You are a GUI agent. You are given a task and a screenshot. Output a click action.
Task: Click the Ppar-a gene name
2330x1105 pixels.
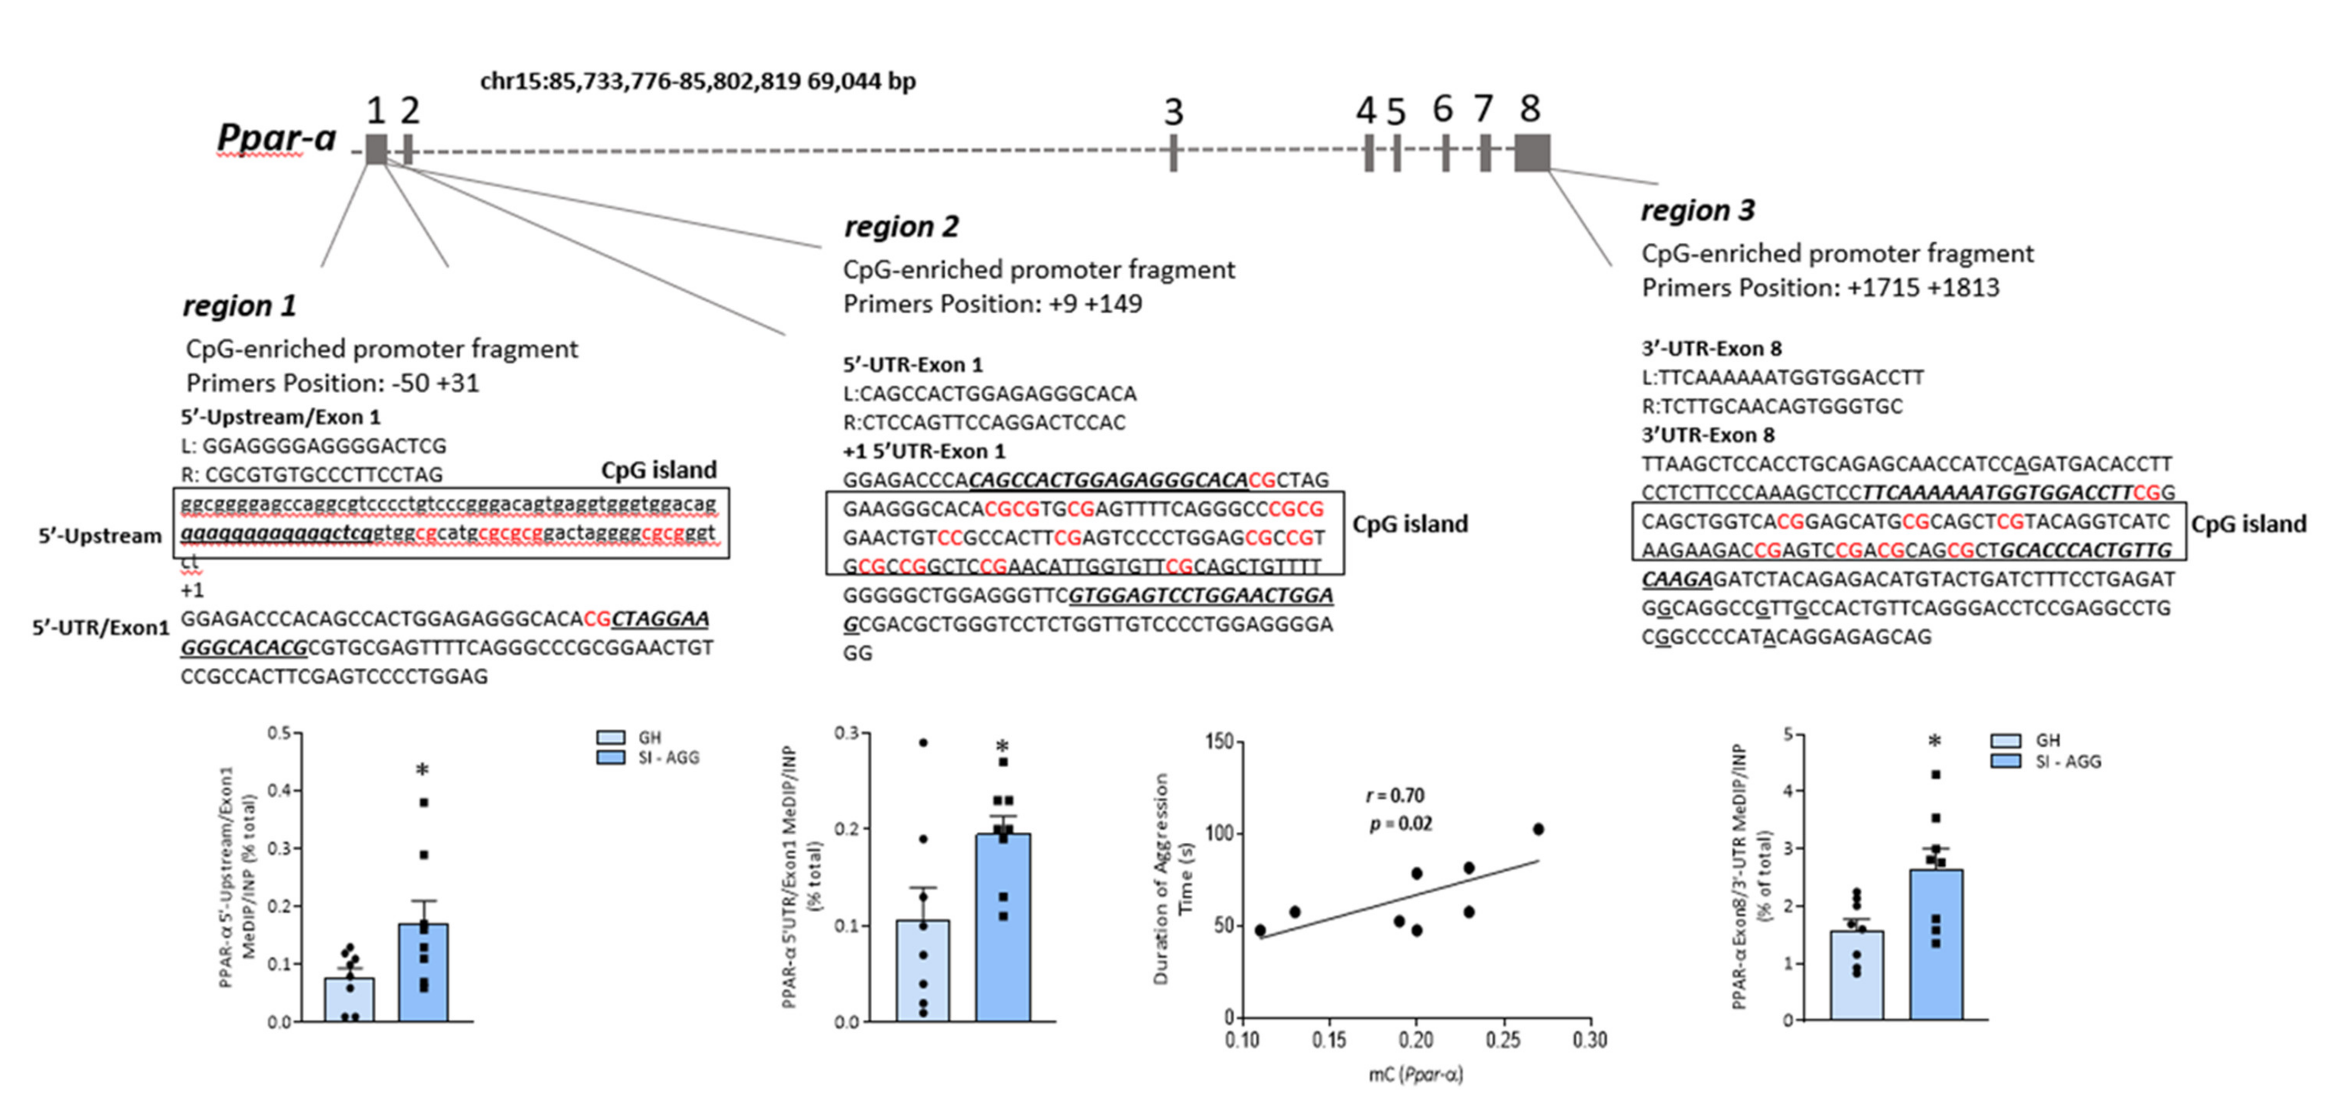pyautogui.click(x=276, y=138)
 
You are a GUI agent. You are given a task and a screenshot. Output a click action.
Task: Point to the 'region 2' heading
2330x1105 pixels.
pyautogui.click(x=901, y=226)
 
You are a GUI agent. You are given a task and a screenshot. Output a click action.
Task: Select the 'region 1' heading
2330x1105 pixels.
pyautogui.click(x=240, y=306)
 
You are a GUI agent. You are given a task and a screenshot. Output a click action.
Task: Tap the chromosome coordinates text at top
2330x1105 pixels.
pyautogui.click(x=697, y=82)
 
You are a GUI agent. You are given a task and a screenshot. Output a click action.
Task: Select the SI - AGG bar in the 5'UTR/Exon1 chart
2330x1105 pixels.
pyautogui.click(x=1002, y=928)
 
